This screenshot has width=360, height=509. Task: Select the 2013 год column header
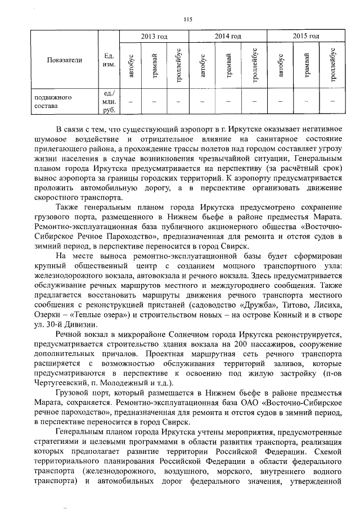pyautogui.click(x=154, y=37)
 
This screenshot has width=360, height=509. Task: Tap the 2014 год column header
pyautogui.click(x=228, y=37)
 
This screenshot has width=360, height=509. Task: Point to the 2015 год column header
pyautogui.click(x=307, y=37)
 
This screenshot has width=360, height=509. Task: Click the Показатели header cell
pyautogui.click(x=65, y=60)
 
